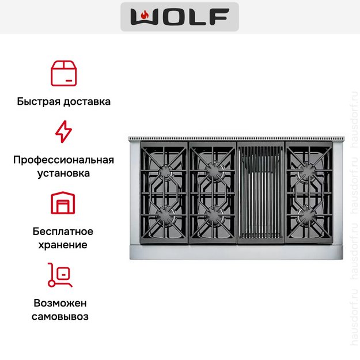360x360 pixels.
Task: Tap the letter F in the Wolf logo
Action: coord(219,17)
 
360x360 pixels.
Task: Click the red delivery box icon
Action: coord(63,74)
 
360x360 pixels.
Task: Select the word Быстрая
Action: coord(39,101)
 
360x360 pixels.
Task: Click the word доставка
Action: coord(87,101)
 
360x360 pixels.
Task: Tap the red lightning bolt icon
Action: coord(63,131)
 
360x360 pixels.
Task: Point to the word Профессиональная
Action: coord(63,160)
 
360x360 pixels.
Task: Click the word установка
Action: coord(63,173)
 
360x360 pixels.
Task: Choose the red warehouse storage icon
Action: coord(63,203)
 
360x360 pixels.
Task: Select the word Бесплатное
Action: coord(63,232)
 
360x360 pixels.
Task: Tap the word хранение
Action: coord(63,245)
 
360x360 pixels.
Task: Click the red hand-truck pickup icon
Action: coord(60,275)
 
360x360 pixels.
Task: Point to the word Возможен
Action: coord(60,304)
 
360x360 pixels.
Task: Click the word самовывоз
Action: coord(60,317)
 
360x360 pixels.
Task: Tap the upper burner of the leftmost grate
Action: coord(165,171)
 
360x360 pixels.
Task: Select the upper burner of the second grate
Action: coord(213,171)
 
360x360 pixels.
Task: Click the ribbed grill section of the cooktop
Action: coord(261,192)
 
